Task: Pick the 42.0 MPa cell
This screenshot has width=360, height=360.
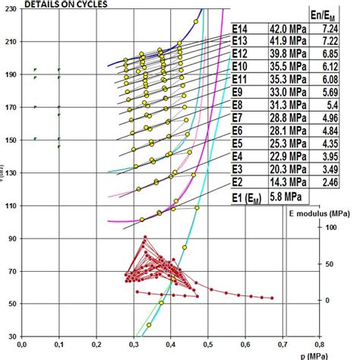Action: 286,27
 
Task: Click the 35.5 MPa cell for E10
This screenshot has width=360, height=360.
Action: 286,67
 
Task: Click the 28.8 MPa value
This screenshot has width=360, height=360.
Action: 286,118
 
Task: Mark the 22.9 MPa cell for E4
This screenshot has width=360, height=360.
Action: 286,156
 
